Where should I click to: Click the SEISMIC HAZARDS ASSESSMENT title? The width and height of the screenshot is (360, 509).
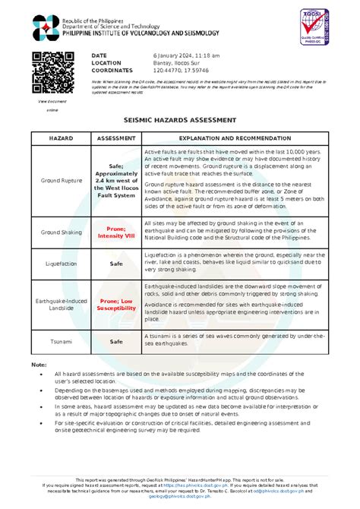(x=180, y=120)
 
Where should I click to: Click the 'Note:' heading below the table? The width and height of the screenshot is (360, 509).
(x=39, y=365)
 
